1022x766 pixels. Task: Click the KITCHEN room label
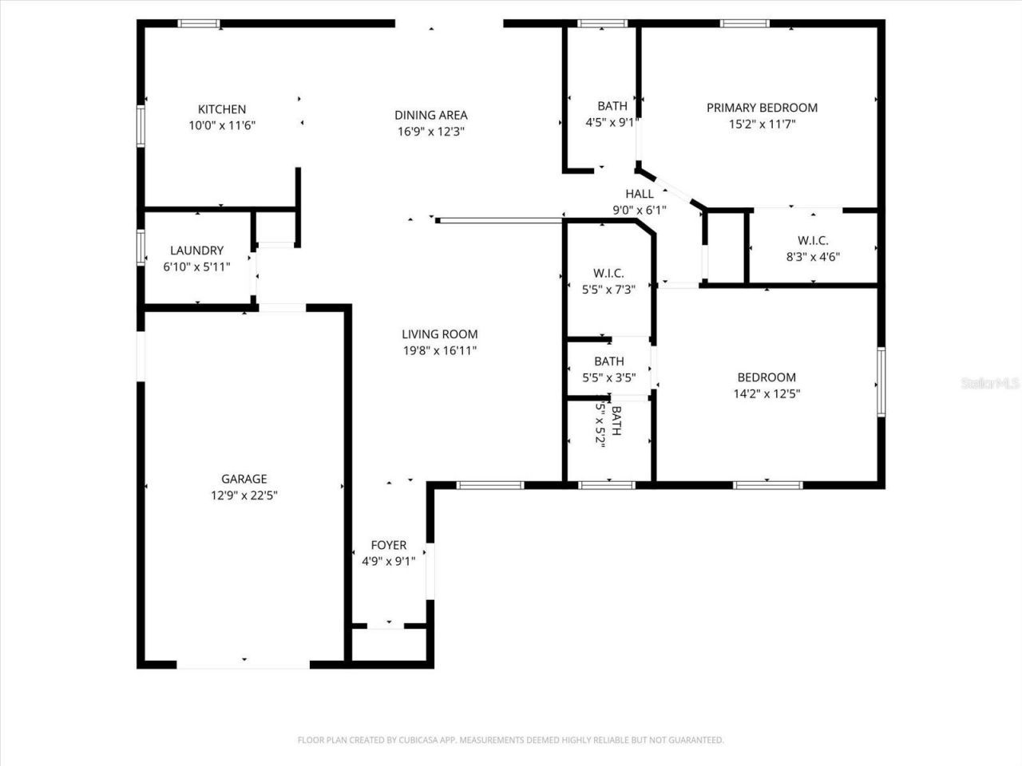222,109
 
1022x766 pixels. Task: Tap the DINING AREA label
431,115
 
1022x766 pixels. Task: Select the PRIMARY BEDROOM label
762,108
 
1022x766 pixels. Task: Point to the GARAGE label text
244,479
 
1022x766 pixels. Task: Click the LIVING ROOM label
439,334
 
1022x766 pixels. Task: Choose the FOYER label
389,545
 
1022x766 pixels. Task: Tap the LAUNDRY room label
196,251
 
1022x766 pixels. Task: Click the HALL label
640,194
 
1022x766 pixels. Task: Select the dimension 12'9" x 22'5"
244,496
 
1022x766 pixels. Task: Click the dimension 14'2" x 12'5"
766,393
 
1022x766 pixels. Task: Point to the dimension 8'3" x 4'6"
813,257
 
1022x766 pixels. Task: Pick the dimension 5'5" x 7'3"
608,290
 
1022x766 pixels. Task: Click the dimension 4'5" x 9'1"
612,123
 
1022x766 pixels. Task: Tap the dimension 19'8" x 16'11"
439,350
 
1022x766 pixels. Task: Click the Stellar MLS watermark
990,384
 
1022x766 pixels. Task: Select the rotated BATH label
616,421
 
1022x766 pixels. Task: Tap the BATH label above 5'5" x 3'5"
608,361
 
